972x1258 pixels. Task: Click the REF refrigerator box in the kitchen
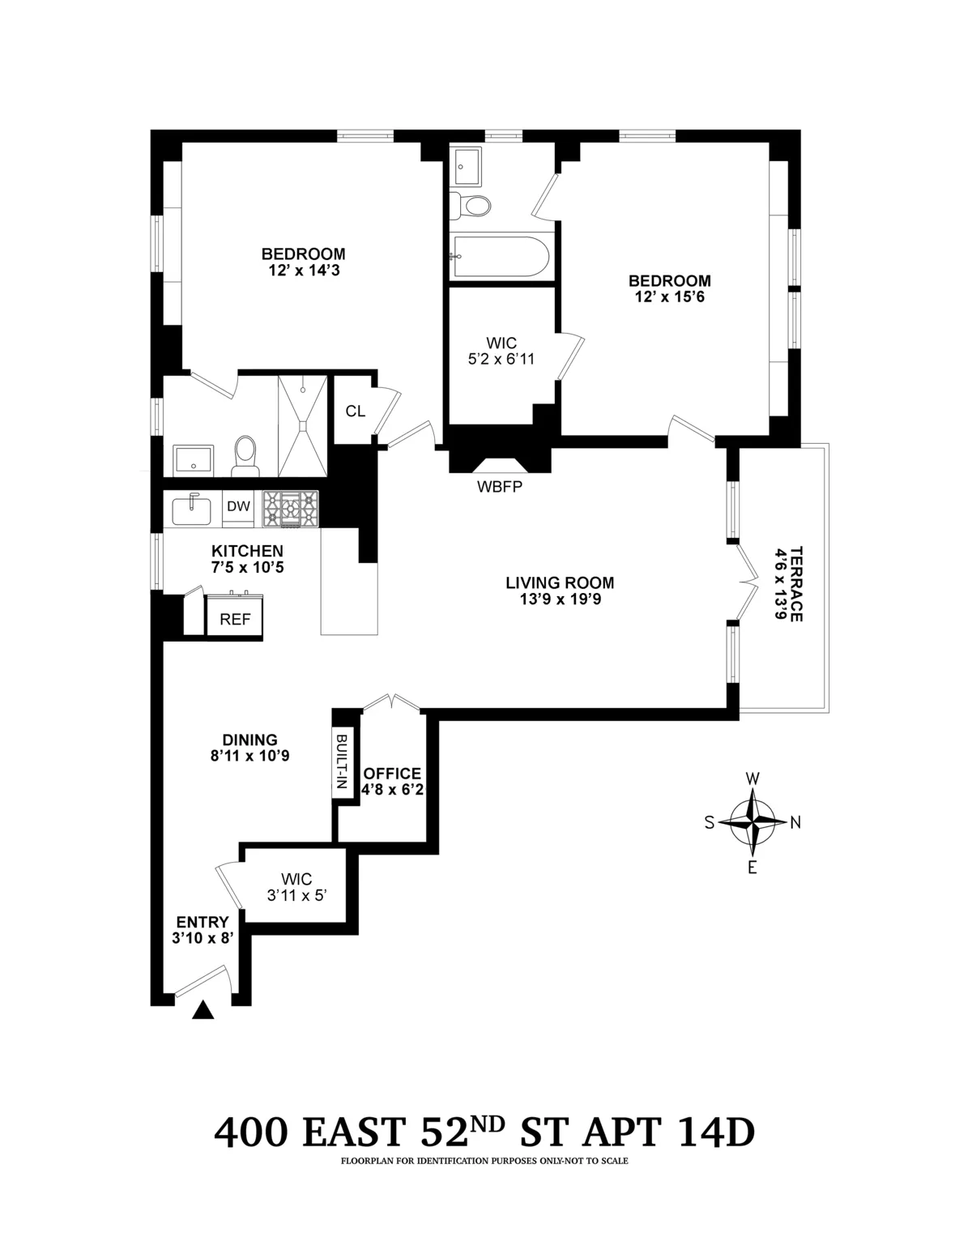point(235,619)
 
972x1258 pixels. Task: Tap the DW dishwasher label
point(237,506)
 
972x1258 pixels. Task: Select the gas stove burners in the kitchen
point(289,510)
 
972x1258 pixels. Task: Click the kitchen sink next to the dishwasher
point(192,510)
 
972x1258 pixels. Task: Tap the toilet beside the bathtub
point(471,206)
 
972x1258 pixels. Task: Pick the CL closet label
point(355,411)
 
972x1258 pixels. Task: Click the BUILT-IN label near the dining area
point(342,763)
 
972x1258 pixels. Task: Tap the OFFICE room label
point(392,774)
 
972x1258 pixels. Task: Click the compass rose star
point(752,822)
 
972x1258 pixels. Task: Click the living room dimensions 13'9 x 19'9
point(560,600)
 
